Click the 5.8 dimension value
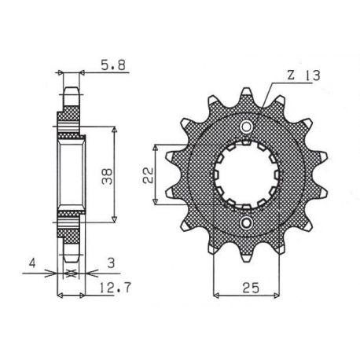click(113, 65)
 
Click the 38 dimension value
click(107, 177)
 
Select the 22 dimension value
click(148, 174)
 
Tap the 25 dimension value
click(251, 288)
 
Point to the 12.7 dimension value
click(115, 288)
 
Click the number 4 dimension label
click(32, 263)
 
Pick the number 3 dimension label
click(112, 263)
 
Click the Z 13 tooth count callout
click(303, 75)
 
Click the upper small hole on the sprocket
click(246, 127)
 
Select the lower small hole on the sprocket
click(246, 223)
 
